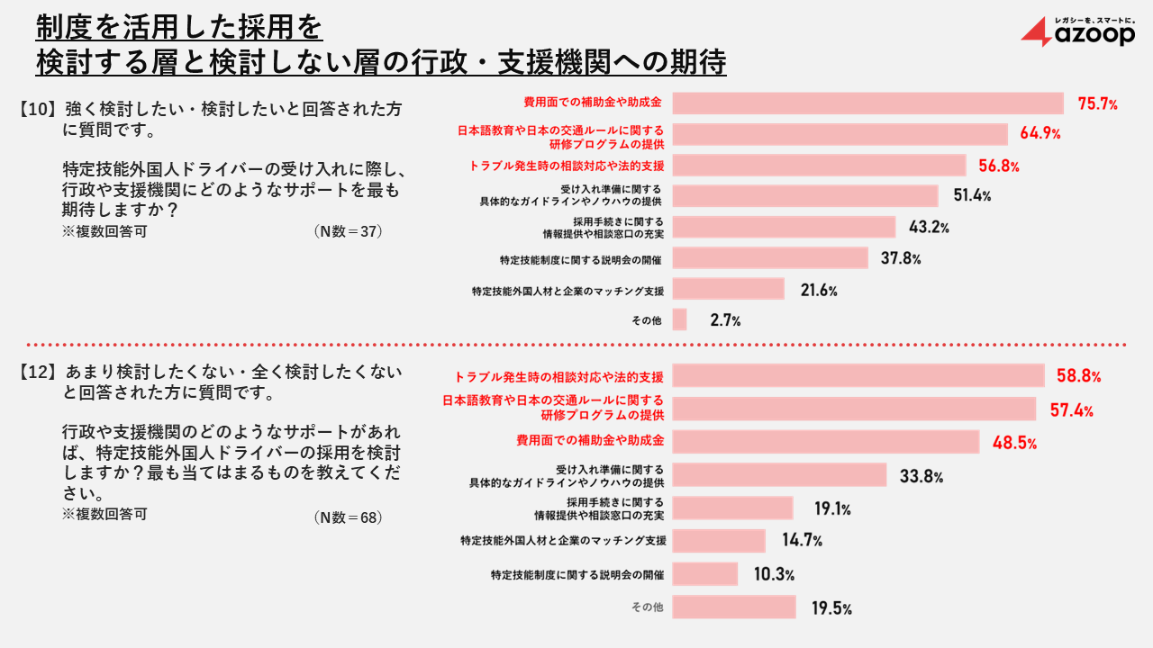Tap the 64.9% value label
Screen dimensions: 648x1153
(1040, 134)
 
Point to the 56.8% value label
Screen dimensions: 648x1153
(998, 166)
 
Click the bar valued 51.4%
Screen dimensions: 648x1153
(805, 196)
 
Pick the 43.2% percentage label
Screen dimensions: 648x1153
(928, 228)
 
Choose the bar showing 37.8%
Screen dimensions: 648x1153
(770, 258)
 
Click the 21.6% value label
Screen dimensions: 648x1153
(818, 290)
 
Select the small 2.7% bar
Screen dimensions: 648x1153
(680, 319)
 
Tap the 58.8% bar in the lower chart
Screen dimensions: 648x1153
(858, 375)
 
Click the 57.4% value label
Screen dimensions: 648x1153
(1071, 410)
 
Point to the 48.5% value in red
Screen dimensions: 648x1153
(1014, 443)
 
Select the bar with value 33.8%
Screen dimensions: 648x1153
(780, 474)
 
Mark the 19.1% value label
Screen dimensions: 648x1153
(832, 509)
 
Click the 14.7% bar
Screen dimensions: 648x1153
(719, 541)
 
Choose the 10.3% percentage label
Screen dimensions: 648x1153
(773, 574)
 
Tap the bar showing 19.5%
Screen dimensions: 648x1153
(734, 607)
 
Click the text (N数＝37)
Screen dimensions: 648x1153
(349, 231)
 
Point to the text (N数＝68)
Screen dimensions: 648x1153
(349, 517)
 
